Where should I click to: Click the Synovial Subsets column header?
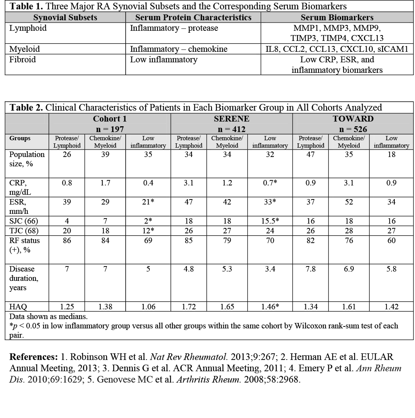65,18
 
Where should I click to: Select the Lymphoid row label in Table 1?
28,28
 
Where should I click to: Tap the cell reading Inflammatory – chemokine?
179,49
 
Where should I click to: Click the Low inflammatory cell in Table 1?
163,60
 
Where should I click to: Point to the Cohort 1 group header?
110,119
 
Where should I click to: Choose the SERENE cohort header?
232,119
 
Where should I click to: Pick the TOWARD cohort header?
353,119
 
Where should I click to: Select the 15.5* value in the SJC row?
270,220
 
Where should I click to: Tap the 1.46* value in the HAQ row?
270,307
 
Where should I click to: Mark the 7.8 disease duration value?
310,269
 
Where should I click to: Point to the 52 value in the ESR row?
349,202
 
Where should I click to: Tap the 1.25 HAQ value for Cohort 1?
67,307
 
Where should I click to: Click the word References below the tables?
34,357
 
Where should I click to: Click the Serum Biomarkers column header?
337,18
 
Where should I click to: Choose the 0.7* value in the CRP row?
270,183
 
